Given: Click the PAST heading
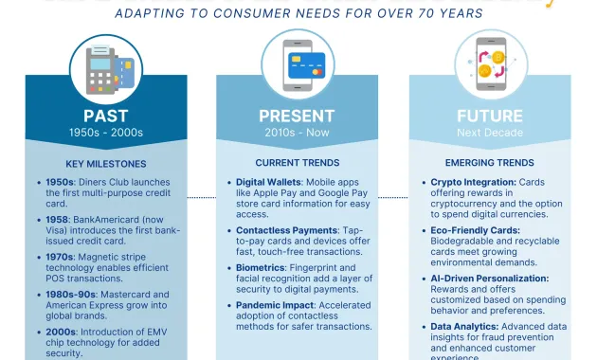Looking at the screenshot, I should (x=105, y=116).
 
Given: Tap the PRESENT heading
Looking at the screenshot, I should (x=297, y=116).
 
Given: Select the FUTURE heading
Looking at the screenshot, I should (x=490, y=116).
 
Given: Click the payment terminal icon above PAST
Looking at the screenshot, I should (x=105, y=61).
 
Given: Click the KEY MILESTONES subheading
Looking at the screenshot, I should (x=105, y=163).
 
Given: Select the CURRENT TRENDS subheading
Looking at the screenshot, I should (x=297, y=163).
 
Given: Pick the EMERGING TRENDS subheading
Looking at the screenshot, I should (x=490, y=163).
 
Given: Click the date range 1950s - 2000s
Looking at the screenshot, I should (x=105, y=133).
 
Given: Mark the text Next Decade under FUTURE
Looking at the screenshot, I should (x=490, y=133).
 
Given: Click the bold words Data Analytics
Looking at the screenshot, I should (x=461, y=327).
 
